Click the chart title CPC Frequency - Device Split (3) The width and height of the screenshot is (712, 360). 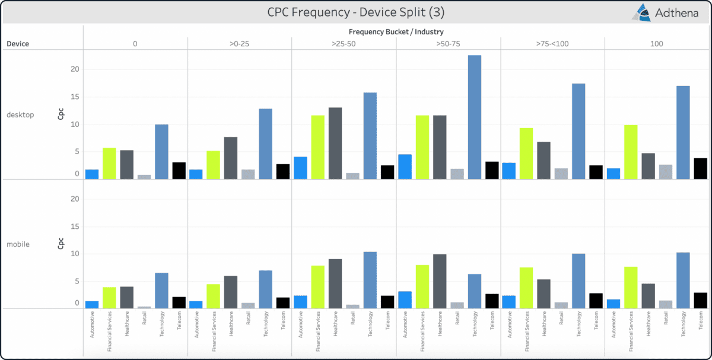355,12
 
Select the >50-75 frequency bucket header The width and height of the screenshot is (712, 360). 448,43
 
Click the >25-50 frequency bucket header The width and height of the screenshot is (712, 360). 344,43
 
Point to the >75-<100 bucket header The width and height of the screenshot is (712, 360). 552,43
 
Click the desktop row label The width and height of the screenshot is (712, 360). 20,114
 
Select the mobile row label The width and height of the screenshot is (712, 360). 18,244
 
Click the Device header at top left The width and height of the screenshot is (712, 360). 18,43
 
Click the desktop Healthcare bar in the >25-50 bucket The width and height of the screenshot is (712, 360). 335,143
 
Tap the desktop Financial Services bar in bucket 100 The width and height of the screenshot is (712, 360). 631,152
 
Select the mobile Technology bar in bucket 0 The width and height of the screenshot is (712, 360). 161,291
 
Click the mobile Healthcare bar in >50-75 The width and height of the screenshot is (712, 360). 440,281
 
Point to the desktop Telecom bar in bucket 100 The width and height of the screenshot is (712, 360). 700,168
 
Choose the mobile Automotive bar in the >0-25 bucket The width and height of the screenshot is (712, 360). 196,305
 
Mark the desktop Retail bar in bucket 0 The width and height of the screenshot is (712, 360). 144,177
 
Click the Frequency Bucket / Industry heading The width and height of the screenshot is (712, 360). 396,31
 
